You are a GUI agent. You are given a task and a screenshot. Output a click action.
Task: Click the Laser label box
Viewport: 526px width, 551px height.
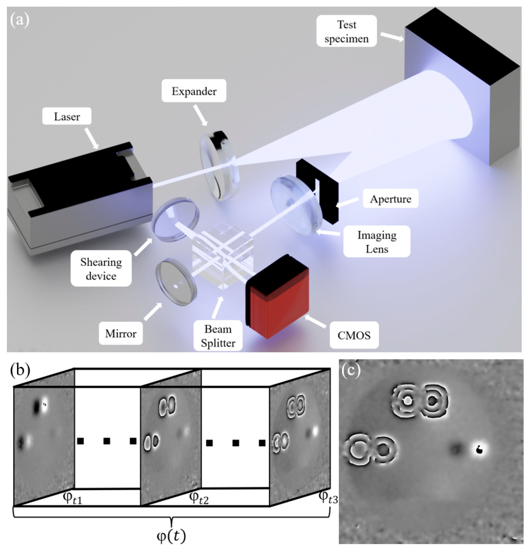click(x=67, y=116)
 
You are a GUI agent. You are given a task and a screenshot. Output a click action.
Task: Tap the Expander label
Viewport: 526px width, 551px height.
click(x=194, y=91)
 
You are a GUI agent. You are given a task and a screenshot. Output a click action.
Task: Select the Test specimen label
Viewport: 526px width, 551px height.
click(x=347, y=31)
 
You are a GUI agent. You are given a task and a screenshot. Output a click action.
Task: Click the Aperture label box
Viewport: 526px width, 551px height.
click(x=391, y=199)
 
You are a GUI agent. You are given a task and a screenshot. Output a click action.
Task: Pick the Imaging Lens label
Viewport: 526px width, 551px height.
click(x=377, y=242)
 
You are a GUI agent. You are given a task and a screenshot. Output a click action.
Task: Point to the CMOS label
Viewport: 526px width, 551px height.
click(x=354, y=335)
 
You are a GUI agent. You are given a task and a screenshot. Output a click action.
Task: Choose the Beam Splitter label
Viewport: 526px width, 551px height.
click(x=218, y=336)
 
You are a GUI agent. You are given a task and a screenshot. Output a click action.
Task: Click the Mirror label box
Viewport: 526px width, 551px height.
click(x=121, y=333)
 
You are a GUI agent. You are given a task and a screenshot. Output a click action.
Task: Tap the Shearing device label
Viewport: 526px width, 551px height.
click(x=101, y=269)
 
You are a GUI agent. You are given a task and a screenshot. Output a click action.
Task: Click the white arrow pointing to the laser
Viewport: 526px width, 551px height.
click(x=92, y=138)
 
